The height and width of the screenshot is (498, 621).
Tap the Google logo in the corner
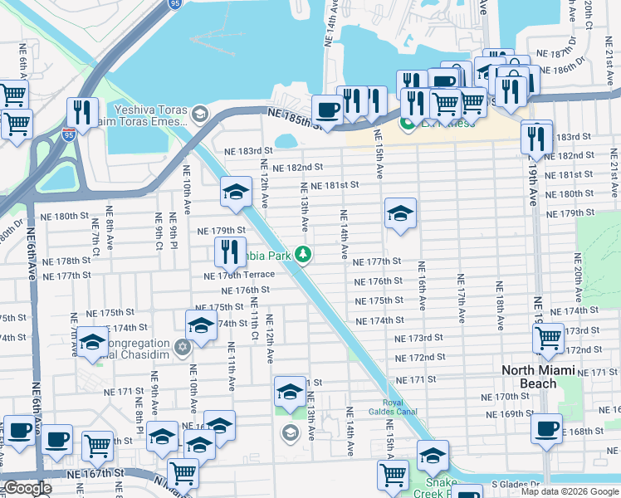click(28, 488)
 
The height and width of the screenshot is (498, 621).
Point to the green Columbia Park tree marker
click(305, 256)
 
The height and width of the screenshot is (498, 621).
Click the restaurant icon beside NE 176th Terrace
click(230, 251)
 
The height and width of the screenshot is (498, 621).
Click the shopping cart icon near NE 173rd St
click(548, 338)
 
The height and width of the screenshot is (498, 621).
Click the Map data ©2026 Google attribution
click(569, 491)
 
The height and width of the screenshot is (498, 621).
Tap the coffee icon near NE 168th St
click(546, 429)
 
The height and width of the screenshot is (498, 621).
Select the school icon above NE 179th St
click(237, 193)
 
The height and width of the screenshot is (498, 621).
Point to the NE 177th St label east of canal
click(378, 261)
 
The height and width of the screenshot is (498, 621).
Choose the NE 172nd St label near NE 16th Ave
click(421, 357)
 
